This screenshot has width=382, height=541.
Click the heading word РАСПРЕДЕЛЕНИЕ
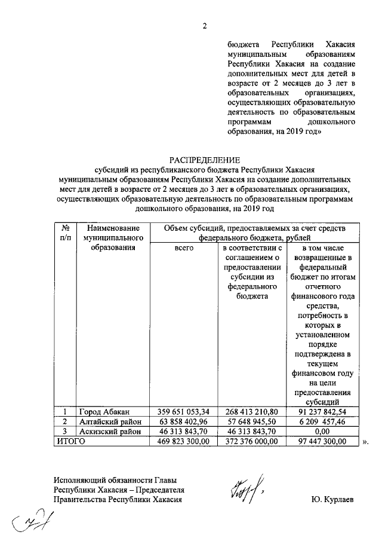pyautogui.click(x=204, y=160)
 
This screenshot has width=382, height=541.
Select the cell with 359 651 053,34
pyautogui.click(x=183, y=411)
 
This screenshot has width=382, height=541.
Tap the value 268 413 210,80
pyautogui.click(x=248, y=411)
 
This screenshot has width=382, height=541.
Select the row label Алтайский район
pyautogui.click(x=110, y=421)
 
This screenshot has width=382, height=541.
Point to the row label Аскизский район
pyautogui.click(x=110, y=431)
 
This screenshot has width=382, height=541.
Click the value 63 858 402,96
pyautogui.click(x=183, y=421)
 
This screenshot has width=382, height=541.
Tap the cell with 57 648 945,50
pyautogui.click(x=248, y=421)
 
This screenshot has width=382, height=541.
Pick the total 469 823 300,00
pyautogui.click(x=183, y=441)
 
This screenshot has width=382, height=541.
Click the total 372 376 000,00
pyautogui.click(x=248, y=441)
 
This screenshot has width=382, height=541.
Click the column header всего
pyautogui.click(x=183, y=247)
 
